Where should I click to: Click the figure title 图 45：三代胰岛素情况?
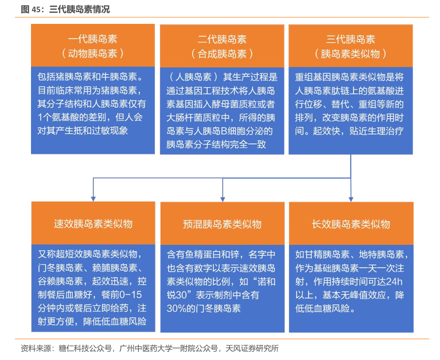point(65,9)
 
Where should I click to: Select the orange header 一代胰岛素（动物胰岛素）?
point(93,45)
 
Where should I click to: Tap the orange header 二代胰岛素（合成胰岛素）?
point(222,46)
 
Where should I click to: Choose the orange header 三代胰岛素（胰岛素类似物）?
point(351,46)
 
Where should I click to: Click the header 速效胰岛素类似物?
point(93,223)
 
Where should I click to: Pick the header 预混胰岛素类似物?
point(222,224)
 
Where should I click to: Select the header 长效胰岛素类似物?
point(351,224)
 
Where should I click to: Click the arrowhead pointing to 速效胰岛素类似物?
point(93,199)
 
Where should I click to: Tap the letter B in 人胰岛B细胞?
point(224,131)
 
